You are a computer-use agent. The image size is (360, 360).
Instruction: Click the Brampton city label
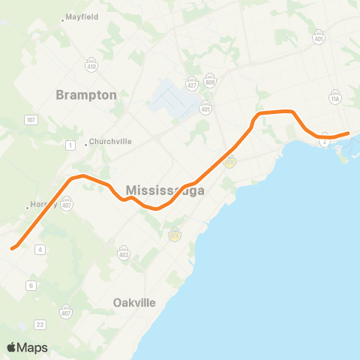[x=87, y=95]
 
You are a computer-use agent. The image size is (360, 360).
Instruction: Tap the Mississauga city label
[x=166, y=190]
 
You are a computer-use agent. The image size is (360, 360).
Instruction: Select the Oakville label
[x=134, y=302]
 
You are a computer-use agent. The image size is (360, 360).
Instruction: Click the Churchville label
[x=109, y=142]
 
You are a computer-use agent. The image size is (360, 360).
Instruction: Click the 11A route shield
[x=335, y=98]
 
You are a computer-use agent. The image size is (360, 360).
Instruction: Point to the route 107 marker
[x=31, y=120]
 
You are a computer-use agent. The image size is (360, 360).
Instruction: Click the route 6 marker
[x=31, y=285]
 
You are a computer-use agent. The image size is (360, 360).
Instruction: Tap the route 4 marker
[x=40, y=249]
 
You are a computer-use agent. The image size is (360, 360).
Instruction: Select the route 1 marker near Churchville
[x=70, y=144]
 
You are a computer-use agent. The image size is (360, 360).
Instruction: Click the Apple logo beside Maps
[x=11, y=347]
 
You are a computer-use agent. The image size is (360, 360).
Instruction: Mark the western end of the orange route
[x=13, y=248]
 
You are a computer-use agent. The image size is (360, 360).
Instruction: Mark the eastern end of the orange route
[x=348, y=133]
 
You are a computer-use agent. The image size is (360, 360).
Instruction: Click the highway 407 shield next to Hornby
[x=67, y=202]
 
